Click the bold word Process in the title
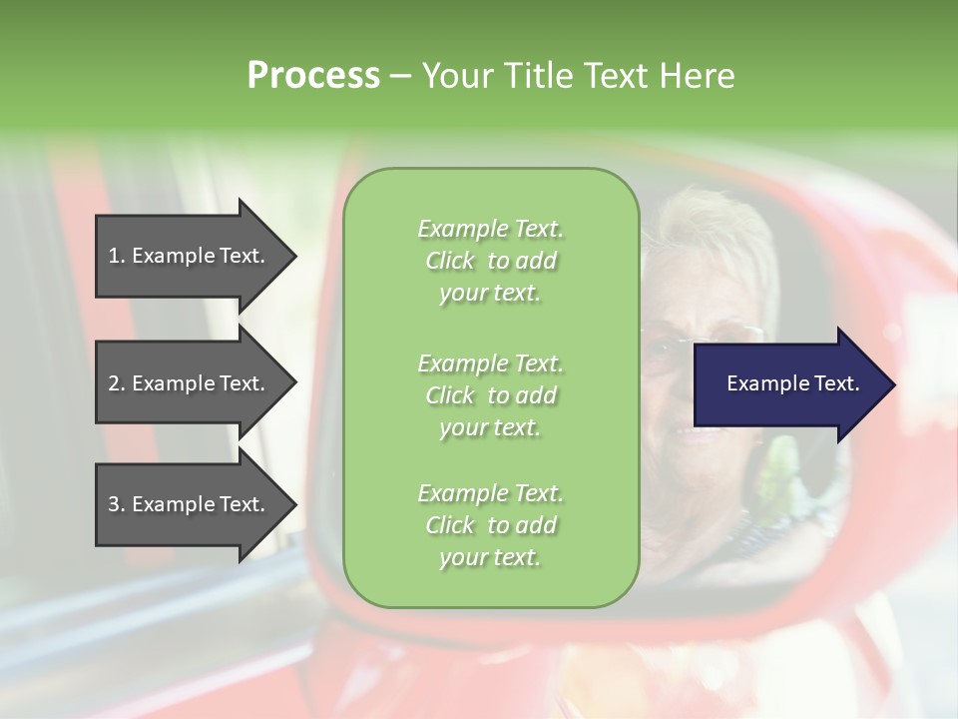(x=313, y=76)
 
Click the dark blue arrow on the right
(x=788, y=383)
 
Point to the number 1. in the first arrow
(x=116, y=256)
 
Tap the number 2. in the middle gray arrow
(x=116, y=383)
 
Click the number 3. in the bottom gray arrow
(x=116, y=504)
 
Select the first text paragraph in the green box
(x=490, y=261)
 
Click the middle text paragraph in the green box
(x=490, y=394)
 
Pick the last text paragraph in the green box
(x=490, y=525)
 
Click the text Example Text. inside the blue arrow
(x=792, y=383)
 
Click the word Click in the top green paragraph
(x=450, y=261)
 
